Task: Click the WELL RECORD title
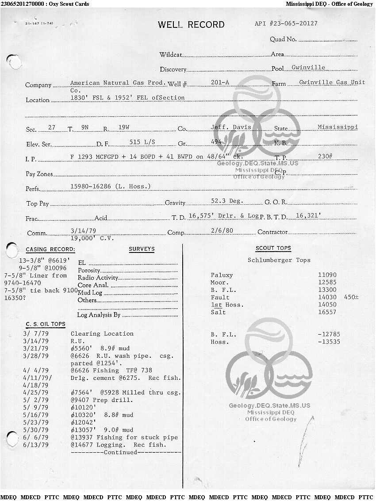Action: pos(191,25)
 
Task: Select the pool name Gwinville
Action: pos(308,68)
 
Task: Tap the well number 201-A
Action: pos(220,83)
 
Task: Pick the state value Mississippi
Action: pos(338,127)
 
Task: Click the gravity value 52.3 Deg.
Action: pos(227,201)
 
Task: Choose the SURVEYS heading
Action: pos(142,249)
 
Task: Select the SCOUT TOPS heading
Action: pos(273,249)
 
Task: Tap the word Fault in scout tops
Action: pos(220,298)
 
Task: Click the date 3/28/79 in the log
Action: pos(36,356)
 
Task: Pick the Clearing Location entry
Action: pos(102,334)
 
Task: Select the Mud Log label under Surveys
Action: pos(90,293)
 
